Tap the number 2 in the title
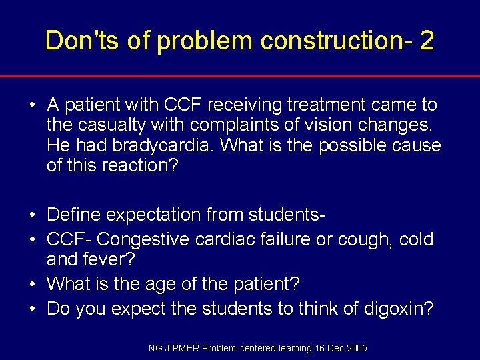coord(427,41)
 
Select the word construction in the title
coord(335,41)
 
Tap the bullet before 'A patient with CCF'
coord(32,105)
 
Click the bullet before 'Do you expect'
coord(32,308)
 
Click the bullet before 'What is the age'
coord(32,284)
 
